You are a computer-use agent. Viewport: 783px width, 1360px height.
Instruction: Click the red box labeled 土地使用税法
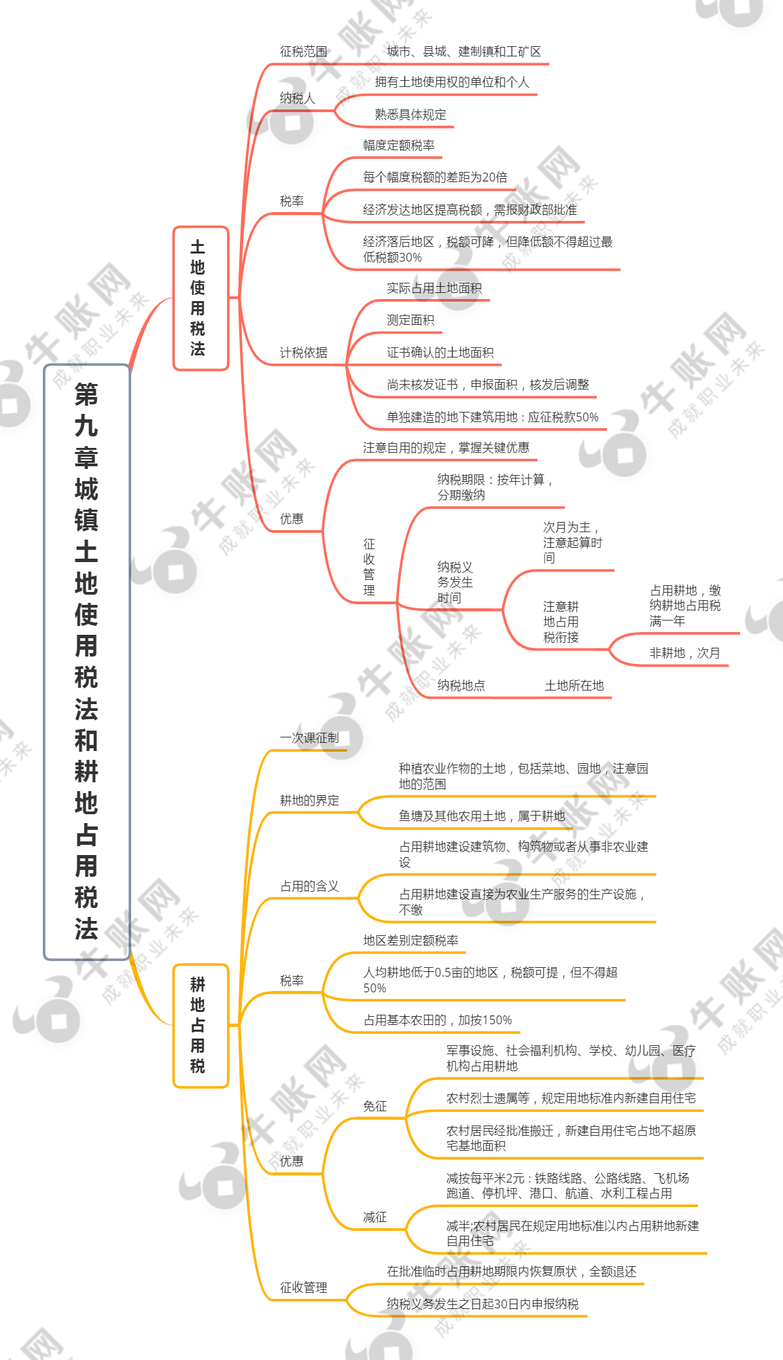coord(201,298)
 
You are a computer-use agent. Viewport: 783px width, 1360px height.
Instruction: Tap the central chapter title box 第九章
coord(86,662)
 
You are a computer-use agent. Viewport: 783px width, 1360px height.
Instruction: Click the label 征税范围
coord(303,52)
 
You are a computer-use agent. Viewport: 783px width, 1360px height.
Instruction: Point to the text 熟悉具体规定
coord(411,115)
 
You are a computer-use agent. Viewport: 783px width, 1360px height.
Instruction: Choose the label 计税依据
coord(303,353)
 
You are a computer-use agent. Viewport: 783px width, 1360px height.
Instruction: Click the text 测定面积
coord(411,320)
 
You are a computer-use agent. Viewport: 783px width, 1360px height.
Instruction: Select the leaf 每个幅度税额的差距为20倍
coord(435,177)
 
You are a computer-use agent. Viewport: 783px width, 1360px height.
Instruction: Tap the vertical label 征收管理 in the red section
coord(369,567)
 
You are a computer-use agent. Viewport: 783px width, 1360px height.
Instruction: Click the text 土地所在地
coord(574,686)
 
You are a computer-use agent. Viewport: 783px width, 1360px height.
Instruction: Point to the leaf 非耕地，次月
coord(684,653)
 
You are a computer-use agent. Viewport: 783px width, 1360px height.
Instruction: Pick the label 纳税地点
coord(461,686)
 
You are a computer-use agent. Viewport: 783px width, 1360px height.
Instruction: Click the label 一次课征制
coord(309,738)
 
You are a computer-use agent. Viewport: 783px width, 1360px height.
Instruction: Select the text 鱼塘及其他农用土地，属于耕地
coord(482,816)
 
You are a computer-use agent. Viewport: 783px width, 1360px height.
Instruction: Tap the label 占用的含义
coord(309,886)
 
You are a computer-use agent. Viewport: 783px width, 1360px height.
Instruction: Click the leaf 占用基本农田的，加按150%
coord(438,1020)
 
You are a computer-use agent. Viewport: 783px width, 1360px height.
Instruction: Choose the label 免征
coord(375,1106)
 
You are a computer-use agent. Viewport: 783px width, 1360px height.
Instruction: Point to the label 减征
coord(375,1217)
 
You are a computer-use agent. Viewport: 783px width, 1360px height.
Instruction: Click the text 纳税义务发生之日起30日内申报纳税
coord(483,1304)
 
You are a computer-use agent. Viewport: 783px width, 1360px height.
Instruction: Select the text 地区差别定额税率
coord(411,941)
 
